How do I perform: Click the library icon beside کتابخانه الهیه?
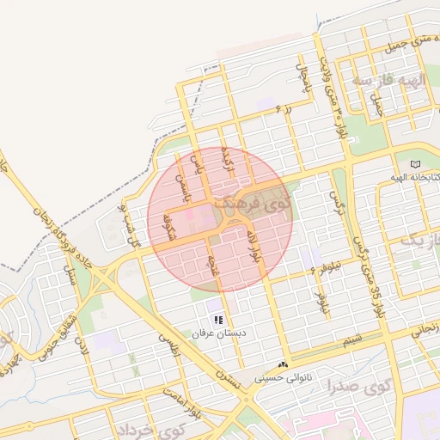point(416,163)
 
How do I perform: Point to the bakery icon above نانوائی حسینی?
point(284,365)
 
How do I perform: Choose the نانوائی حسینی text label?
point(284,378)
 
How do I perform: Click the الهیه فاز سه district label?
point(389,81)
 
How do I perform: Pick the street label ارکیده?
point(228,159)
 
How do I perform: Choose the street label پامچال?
point(302,78)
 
